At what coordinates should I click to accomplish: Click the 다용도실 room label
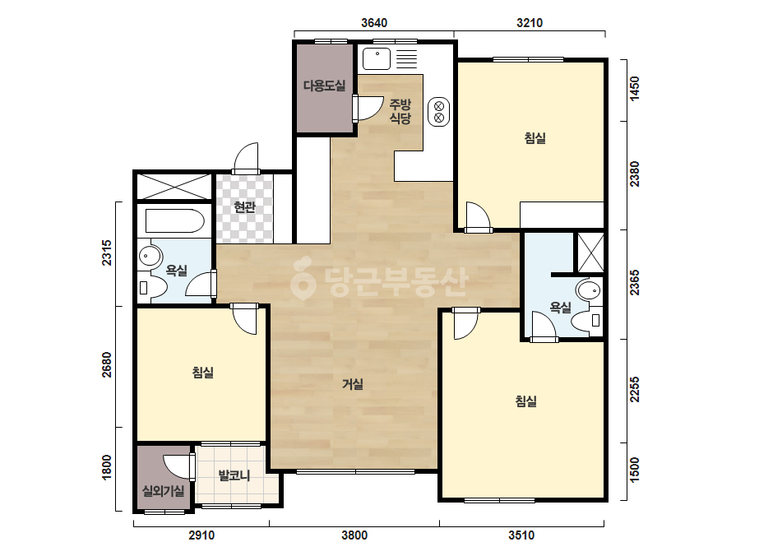324,86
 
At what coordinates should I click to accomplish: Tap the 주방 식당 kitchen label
400,111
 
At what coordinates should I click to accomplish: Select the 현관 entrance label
244,207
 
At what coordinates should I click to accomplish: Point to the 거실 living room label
353,384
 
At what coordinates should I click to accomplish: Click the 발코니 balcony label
234,475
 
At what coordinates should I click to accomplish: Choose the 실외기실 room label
163,491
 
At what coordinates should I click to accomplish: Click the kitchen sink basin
377,58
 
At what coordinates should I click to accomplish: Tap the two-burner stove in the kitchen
439,112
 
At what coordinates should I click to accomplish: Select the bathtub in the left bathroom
175,221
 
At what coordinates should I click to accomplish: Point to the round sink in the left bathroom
150,257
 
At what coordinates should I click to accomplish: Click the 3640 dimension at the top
374,23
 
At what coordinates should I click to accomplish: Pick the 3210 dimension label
530,23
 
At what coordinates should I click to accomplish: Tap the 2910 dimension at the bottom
201,535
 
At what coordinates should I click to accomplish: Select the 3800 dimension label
354,535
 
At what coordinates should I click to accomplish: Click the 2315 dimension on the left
107,253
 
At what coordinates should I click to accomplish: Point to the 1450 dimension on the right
634,89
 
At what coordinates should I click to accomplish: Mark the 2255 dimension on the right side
634,389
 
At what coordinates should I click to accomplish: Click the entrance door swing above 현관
246,157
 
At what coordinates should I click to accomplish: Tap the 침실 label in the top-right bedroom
535,138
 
